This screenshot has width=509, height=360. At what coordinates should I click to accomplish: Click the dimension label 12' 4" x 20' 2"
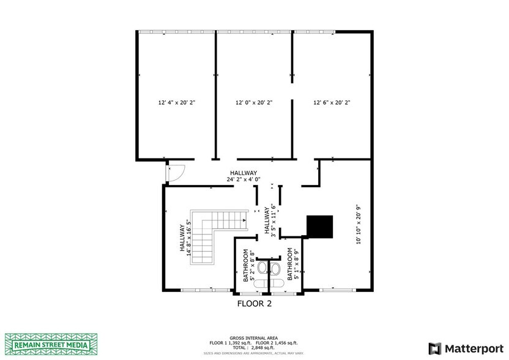coord(176,103)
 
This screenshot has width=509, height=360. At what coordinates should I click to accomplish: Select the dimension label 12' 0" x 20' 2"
coord(254,103)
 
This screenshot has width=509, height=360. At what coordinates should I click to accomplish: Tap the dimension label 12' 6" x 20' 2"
coord(332,103)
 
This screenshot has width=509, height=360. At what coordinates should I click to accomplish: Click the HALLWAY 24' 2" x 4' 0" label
coord(243,176)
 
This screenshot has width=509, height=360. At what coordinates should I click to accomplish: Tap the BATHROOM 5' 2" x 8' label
coord(249,264)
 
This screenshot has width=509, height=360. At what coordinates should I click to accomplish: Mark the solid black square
coord(319,227)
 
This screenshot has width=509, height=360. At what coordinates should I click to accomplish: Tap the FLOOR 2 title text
coord(254,303)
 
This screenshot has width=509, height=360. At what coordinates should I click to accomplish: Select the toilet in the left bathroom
coord(262,269)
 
